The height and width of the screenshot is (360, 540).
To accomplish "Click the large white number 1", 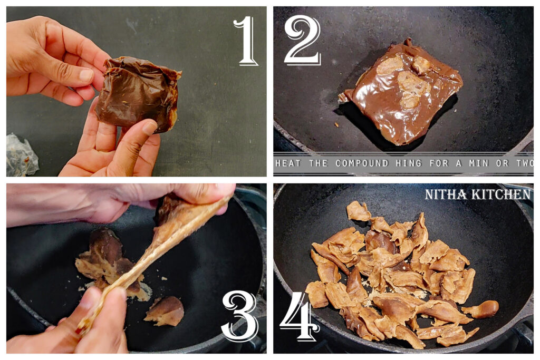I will click(246, 41).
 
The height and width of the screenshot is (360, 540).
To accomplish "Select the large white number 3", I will click(240, 315).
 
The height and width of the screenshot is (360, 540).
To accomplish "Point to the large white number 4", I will click(300, 316).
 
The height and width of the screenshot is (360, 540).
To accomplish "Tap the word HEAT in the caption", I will click(289, 163).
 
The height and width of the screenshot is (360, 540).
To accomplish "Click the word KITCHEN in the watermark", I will click(502, 195).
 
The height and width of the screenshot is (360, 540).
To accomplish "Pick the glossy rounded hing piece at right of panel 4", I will click(483, 309).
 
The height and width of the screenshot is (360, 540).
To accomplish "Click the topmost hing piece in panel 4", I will click(359, 211).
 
